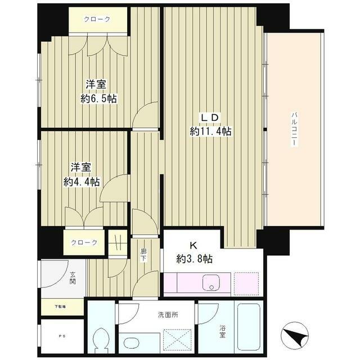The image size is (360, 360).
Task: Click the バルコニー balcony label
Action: pyautogui.click(x=294, y=130)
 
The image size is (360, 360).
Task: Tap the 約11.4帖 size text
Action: pyautogui.click(x=211, y=132)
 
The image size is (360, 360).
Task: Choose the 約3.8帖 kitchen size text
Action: pyautogui.click(x=193, y=260)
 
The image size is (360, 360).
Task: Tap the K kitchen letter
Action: pyautogui.click(x=193, y=246)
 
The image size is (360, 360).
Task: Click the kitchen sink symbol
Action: pyautogui.click(x=211, y=283)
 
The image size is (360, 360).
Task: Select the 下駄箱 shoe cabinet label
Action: pyautogui.click(x=60, y=307)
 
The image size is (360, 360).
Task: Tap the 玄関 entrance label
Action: pyautogui.click(x=73, y=278)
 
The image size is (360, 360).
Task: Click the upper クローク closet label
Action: pyautogui.click(x=97, y=19)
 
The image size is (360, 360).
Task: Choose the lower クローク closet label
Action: pyautogui.click(x=84, y=242)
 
